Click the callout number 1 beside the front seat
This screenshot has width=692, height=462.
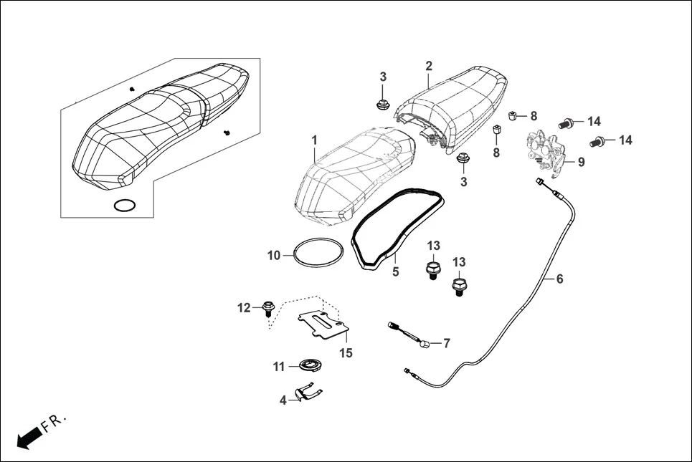click(314, 140)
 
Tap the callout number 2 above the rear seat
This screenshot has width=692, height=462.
click(429, 66)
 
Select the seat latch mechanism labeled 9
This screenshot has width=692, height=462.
click(546, 153)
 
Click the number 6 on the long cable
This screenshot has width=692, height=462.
click(559, 279)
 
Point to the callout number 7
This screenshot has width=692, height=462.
click(447, 343)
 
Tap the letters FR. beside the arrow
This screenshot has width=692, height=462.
click(54, 422)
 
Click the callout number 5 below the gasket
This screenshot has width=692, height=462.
click(395, 271)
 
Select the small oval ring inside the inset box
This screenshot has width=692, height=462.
click(125, 206)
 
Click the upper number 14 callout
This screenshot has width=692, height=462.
click(594, 121)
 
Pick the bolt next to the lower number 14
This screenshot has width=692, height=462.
click(597, 143)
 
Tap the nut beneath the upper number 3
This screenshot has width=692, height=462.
click(382, 105)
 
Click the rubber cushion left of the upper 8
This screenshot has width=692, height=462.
click(513, 116)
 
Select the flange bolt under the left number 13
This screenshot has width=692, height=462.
click(432, 270)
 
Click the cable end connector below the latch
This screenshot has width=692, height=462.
click(539, 181)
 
